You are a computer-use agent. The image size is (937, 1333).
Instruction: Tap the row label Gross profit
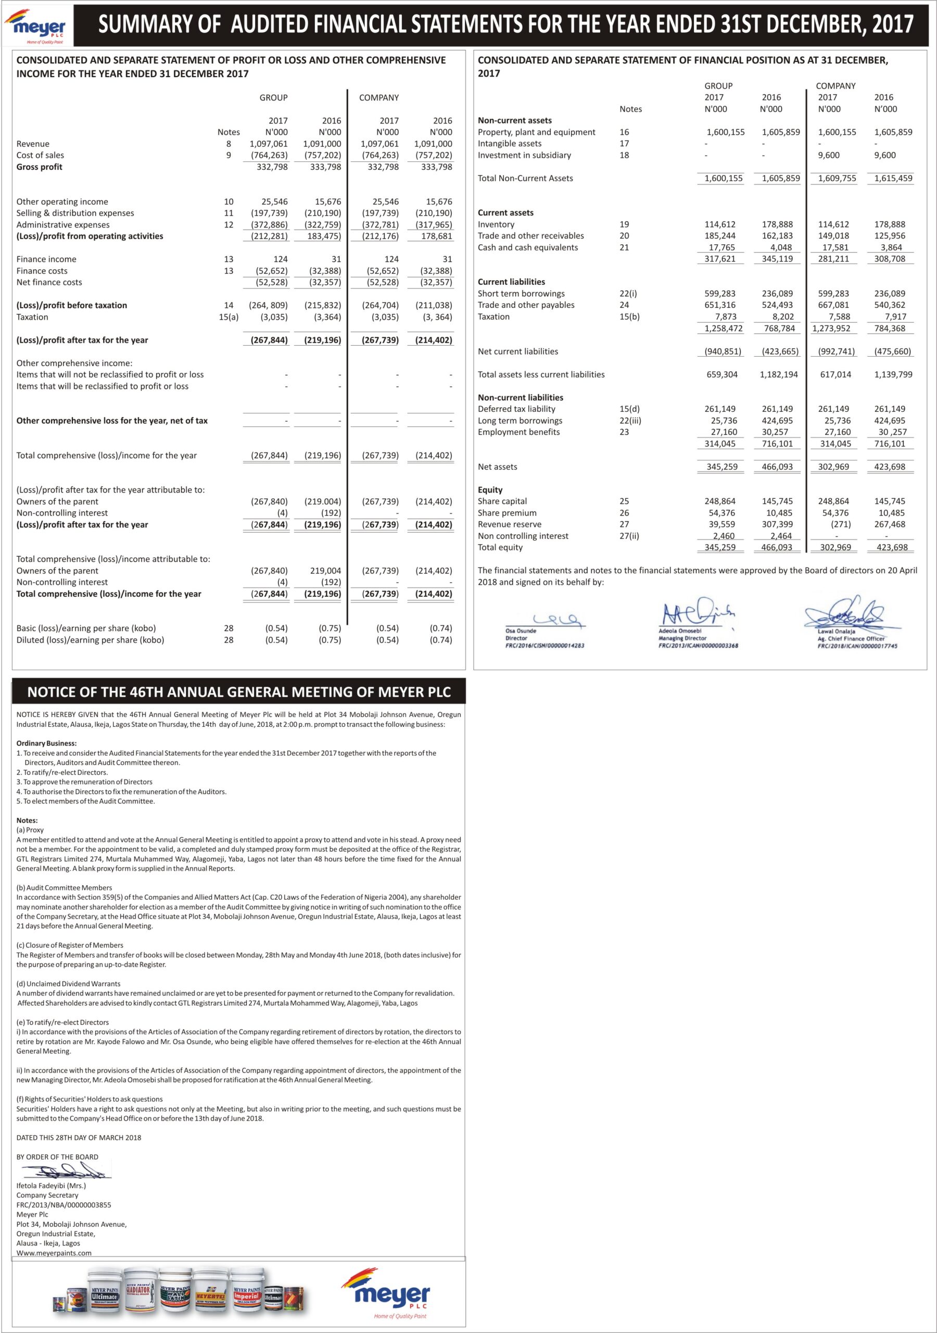click(x=40, y=167)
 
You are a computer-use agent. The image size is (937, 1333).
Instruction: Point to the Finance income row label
click(x=46, y=259)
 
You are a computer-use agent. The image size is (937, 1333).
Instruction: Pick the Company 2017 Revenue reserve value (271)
click(x=841, y=524)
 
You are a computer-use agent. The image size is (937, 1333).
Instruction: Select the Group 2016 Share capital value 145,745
click(x=777, y=501)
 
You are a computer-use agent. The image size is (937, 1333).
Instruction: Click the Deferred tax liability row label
click(x=517, y=409)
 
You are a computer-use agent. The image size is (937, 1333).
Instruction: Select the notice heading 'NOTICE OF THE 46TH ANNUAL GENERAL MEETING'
click(x=238, y=692)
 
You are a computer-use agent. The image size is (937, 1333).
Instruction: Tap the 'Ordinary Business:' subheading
click(x=46, y=743)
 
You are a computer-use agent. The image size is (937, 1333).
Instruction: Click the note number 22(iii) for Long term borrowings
click(x=630, y=421)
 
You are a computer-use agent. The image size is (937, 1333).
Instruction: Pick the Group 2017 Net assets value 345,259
click(x=721, y=467)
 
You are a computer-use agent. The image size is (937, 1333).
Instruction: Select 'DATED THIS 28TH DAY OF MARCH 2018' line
click(x=79, y=1137)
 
